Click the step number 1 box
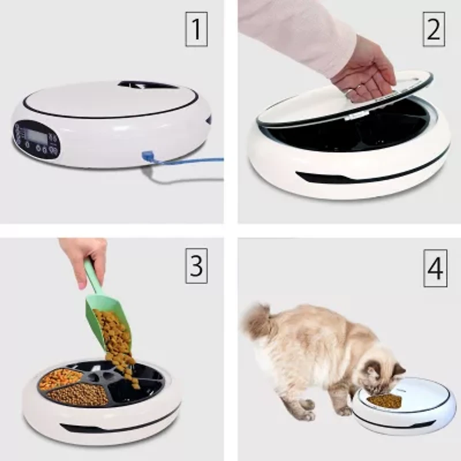(196, 31)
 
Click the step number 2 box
(434, 31)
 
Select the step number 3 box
(196, 267)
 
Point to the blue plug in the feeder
(147, 156)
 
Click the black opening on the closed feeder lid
(148, 85)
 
